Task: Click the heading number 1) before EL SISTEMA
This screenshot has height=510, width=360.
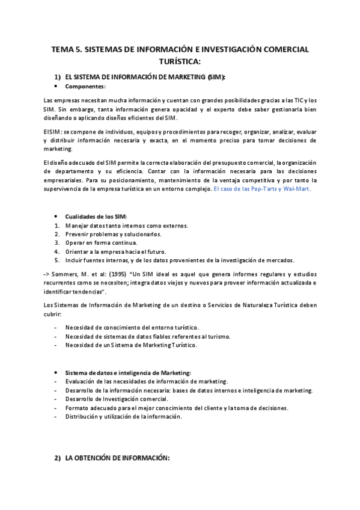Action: pyautogui.click(x=58, y=77)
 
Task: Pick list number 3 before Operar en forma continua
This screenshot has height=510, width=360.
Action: pyautogui.click(x=56, y=242)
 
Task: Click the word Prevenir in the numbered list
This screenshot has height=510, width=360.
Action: pyautogui.click(x=78, y=234)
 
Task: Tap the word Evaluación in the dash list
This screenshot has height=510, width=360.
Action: pyautogui.click(x=84, y=382)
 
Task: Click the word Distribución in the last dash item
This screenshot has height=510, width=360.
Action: pyautogui.click(x=85, y=417)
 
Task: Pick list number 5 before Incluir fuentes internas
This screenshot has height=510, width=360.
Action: pyautogui.click(x=56, y=260)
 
